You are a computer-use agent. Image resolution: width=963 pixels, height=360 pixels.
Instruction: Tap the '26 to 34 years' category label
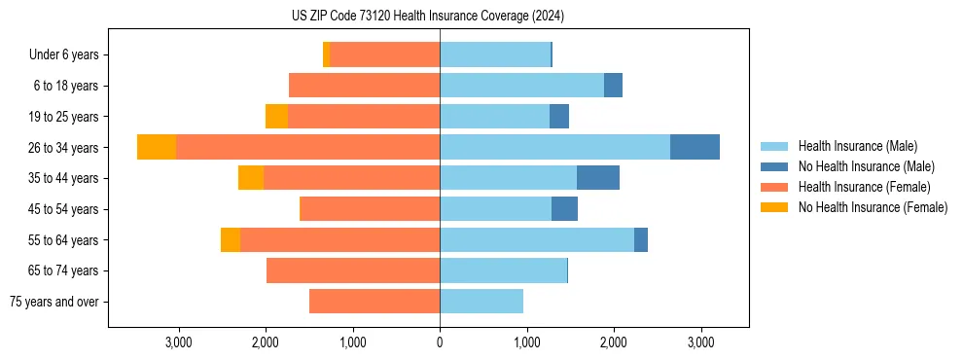click(63, 148)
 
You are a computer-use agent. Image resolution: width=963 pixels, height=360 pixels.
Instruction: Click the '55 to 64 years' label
click(63, 240)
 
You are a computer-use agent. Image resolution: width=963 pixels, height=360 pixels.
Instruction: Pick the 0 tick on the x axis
click(440, 342)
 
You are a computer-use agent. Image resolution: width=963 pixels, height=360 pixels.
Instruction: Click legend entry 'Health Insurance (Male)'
click(857, 146)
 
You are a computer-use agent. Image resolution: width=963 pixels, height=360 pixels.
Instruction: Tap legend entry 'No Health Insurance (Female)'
click(873, 207)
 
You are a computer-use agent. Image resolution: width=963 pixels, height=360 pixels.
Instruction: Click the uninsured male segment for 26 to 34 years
click(695, 147)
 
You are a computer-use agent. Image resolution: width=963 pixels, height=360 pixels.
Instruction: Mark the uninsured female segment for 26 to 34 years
click(157, 147)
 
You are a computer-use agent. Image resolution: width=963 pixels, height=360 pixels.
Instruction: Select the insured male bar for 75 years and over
click(481, 302)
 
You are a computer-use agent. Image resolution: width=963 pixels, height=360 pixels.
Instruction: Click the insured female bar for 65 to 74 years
click(353, 270)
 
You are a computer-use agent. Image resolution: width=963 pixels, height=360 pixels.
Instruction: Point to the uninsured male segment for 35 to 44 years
click(598, 178)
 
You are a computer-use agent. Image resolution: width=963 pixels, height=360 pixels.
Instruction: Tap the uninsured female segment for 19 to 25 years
click(276, 117)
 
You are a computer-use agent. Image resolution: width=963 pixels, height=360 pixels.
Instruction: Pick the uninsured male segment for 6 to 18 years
click(613, 86)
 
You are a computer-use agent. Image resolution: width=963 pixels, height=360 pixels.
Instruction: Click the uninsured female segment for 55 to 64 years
click(231, 240)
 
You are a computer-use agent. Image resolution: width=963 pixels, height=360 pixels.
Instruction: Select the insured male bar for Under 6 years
click(495, 55)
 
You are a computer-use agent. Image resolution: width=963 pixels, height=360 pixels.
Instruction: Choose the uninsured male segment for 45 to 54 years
click(564, 209)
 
